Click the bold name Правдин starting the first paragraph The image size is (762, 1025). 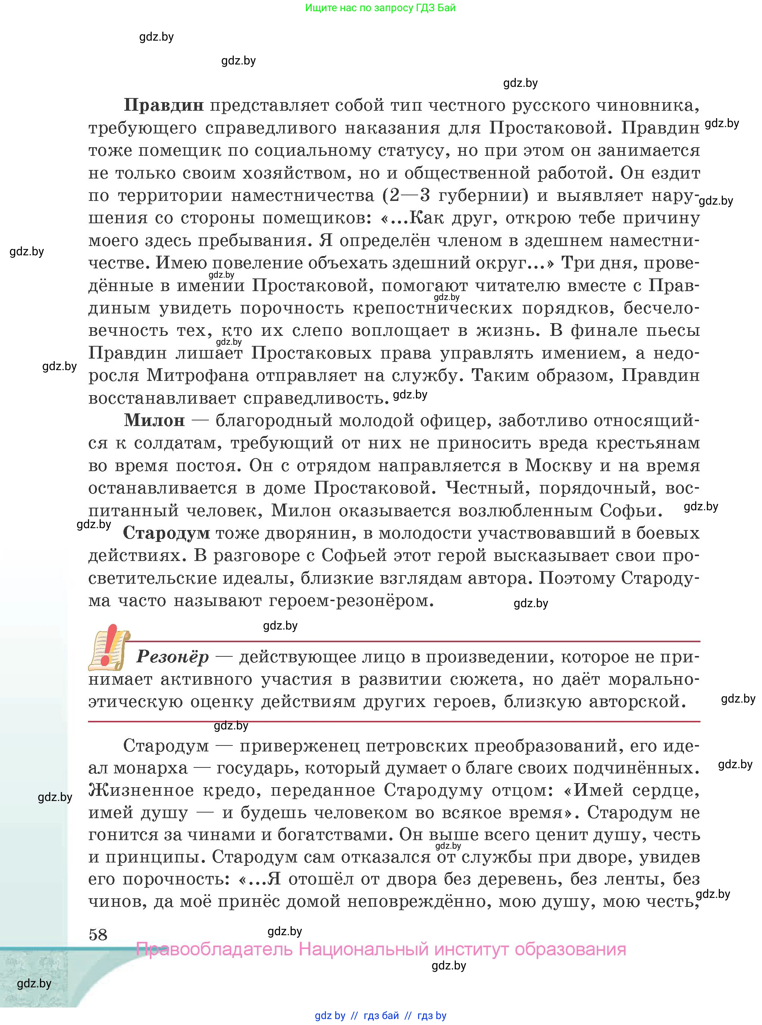tap(164, 105)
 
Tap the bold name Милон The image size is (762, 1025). tap(154, 420)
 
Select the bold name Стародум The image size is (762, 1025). tap(166, 533)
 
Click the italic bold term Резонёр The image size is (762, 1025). tap(173, 657)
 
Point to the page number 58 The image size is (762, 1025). tap(98, 935)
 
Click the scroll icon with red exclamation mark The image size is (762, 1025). tap(109, 647)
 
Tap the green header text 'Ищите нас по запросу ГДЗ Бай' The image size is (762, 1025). tap(380, 8)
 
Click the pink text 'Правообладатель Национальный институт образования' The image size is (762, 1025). tap(381, 950)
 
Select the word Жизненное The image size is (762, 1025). tap(141, 791)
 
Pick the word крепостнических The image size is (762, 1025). tap(433, 308)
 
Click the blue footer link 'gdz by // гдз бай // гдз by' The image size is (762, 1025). tap(380, 1015)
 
